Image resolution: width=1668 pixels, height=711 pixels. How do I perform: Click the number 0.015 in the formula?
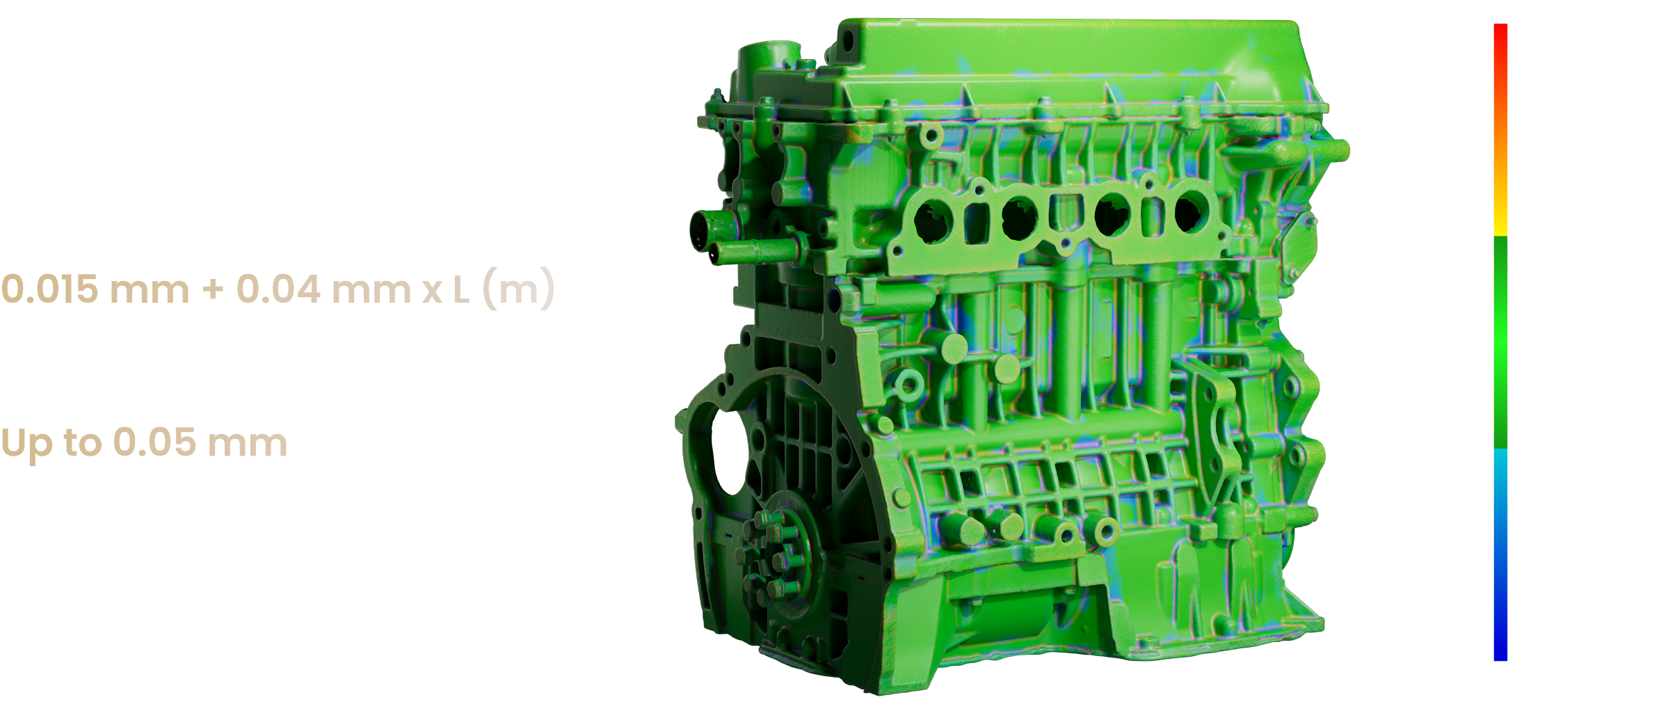click(x=49, y=289)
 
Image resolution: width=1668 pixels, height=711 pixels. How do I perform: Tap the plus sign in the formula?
click(x=213, y=290)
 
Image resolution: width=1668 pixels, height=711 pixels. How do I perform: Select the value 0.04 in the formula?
click(x=278, y=289)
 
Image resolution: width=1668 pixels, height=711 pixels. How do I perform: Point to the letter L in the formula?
click(x=461, y=289)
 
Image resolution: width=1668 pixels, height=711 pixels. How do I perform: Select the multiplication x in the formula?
click(x=433, y=292)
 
